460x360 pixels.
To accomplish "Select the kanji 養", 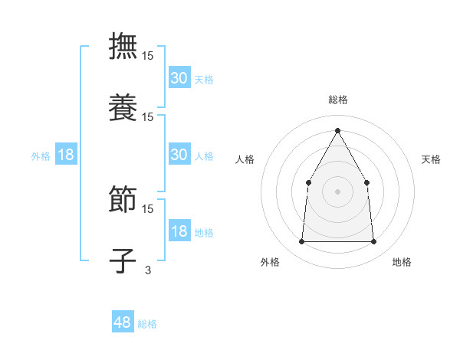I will coord(123,106).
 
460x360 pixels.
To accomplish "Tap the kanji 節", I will coord(123,198).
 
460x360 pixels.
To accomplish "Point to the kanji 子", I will coord(123,260).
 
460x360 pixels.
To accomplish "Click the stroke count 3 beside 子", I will coord(148,269).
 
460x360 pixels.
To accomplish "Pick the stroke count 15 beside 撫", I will coord(148,55).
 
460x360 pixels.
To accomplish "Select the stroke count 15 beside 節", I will coord(148,208).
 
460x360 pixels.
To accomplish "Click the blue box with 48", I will coord(123,322).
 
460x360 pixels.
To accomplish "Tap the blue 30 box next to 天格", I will coord(179,77).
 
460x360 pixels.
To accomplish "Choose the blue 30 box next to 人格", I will coord(179,154).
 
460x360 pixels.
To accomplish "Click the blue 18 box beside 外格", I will coord(66,155).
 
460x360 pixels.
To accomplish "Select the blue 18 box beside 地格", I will coord(179,231).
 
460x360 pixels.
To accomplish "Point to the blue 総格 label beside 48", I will coord(147,324).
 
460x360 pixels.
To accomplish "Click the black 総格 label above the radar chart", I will coord(337,100).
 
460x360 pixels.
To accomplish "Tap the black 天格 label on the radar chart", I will coord(431,159).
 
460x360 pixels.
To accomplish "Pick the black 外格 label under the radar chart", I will coord(270,262).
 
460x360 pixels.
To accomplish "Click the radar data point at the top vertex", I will coord(337,129).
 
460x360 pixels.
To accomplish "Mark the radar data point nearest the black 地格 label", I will coord(373,241).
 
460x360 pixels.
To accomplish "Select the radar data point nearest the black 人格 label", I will coord(308,182).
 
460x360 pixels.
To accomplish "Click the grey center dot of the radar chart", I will coord(337,191).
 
